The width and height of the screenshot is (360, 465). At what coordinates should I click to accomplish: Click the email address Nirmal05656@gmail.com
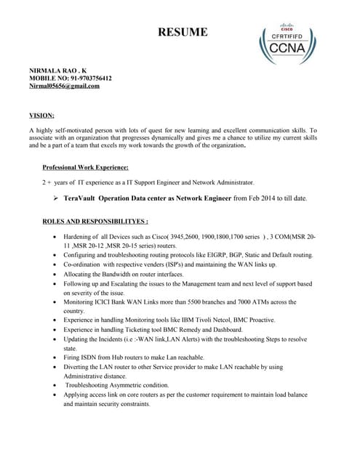coord(64,86)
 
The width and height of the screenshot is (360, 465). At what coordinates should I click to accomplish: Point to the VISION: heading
coord(41,115)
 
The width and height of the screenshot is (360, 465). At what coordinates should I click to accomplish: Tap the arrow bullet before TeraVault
coord(56,198)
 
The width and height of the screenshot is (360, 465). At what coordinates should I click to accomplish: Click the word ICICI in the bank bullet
coord(105,302)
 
